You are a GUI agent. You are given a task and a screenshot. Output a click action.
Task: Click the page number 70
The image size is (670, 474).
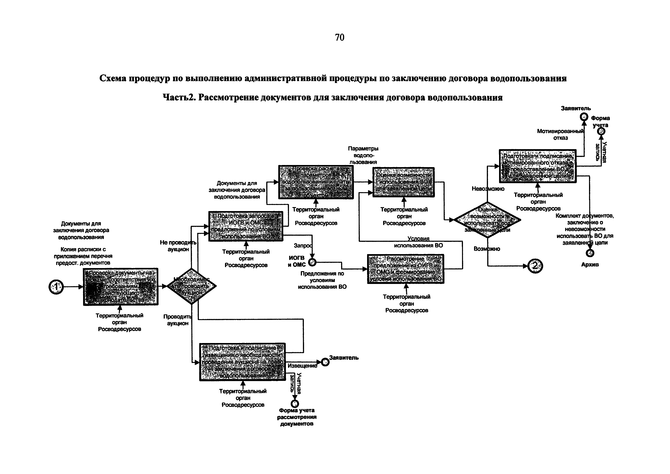click(340, 38)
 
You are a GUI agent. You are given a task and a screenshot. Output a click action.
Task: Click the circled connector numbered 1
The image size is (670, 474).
click(56, 287)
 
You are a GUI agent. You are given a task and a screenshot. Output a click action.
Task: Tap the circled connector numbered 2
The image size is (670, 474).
click(535, 266)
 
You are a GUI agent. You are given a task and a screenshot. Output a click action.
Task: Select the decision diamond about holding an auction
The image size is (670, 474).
click(191, 286)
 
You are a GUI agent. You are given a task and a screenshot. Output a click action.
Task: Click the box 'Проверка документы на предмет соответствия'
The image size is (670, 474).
click(121, 287)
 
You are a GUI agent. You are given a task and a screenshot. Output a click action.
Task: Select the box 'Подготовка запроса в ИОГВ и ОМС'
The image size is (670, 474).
click(246, 226)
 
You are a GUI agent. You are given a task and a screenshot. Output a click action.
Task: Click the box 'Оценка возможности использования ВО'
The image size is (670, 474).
click(404, 182)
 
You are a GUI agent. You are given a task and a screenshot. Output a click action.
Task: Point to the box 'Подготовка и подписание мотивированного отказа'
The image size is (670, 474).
click(537, 166)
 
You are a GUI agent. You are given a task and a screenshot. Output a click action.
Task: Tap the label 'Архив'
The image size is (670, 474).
click(590, 265)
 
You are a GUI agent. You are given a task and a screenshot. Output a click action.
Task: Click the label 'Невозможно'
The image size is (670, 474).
click(488, 189)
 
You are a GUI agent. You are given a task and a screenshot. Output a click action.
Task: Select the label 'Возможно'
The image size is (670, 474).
click(487, 249)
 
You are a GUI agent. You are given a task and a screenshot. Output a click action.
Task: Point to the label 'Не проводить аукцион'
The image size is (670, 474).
click(178, 246)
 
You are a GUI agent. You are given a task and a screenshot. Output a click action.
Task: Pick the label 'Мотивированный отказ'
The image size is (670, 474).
click(560, 135)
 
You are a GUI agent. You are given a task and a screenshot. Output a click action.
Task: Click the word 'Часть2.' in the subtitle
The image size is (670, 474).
click(179, 98)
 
